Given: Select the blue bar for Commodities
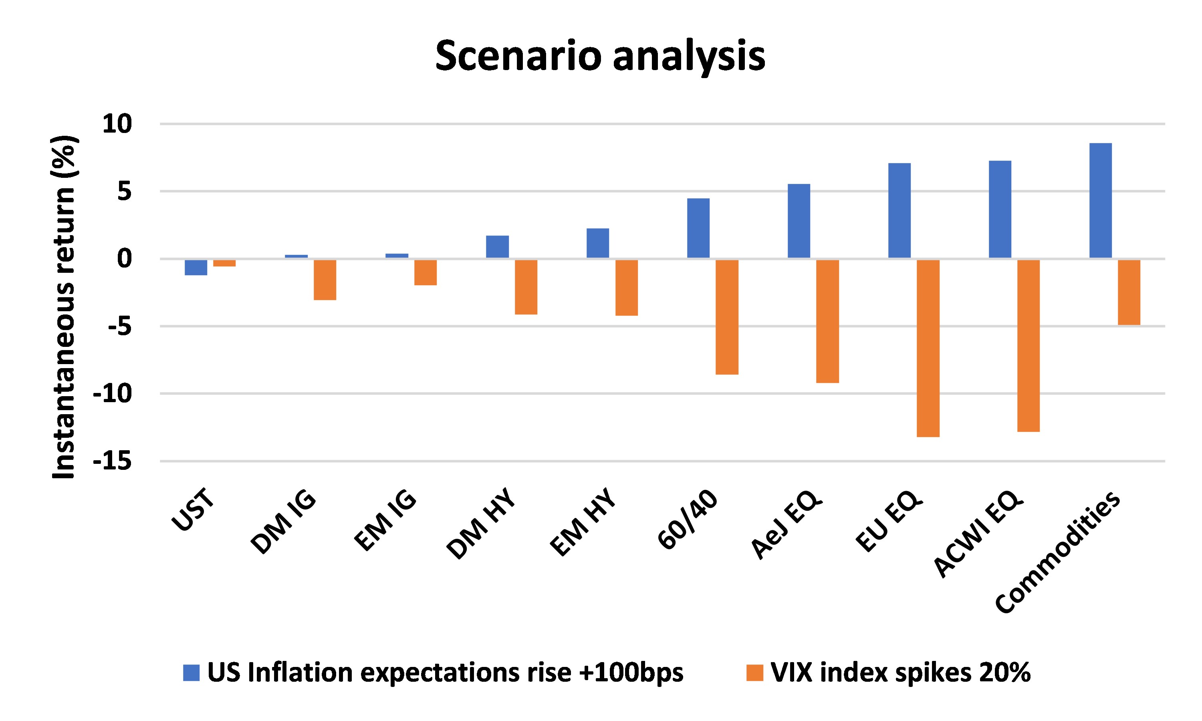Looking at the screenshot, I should pyautogui.click(x=1101, y=200).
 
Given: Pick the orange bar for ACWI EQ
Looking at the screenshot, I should pyautogui.click(x=1029, y=345).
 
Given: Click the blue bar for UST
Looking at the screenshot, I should pyautogui.click(x=196, y=267).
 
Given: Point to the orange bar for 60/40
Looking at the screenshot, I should pyautogui.click(x=727, y=317).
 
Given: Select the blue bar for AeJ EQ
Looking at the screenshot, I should pyautogui.click(x=799, y=221).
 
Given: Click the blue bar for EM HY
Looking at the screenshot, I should pyautogui.click(x=598, y=243).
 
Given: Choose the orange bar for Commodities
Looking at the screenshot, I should pyautogui.click(x=1129, y=292).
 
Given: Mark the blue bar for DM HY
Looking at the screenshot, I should pyautogui.click(x=497, y=246).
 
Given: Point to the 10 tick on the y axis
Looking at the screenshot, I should pyautogui.click(x=117, y=125).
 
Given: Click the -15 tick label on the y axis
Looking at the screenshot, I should pyautogui.click(x=112, y=461).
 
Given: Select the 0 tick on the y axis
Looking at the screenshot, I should pyautogui.click(x=124, y=258).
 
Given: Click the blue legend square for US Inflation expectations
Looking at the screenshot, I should pyautogui.click(x=192, y=673).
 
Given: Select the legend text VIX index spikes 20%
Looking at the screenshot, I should pyautogui.click(x=900, y=673).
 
